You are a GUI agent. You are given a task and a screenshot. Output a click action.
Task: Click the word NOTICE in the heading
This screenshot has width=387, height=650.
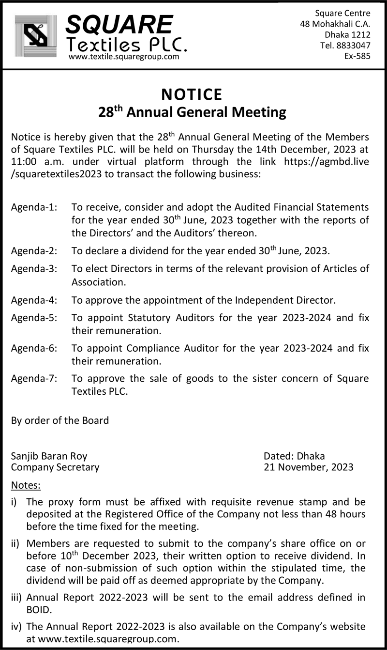(x=192, y=93)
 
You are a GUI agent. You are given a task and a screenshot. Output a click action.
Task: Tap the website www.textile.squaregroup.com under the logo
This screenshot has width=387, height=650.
(x=124, y=57)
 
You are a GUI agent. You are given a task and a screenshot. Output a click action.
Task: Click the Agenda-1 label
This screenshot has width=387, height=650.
(x=34, y=207)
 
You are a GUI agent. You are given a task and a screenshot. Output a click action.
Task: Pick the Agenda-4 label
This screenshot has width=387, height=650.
(x=34, y=300)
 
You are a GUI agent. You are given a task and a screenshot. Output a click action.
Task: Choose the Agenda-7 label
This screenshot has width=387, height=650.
(x=34, y=378)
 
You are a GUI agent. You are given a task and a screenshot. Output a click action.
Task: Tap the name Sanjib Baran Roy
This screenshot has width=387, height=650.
(x=49, y=456)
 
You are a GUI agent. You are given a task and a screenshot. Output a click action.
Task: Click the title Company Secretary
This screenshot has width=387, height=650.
(x=55, y=467)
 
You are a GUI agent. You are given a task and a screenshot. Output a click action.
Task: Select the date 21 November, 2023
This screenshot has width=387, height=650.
(x=308, y=467)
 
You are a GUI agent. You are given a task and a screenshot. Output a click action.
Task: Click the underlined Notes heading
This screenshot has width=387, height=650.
(x=26, y=485)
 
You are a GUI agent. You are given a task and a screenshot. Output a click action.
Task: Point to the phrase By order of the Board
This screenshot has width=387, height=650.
(x=60, y=420)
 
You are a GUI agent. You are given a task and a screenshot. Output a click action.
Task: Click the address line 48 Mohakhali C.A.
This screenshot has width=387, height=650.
(x=335, y=24)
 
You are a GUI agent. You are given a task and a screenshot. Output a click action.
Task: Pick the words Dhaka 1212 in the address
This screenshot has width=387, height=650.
(x=347, y=34)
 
